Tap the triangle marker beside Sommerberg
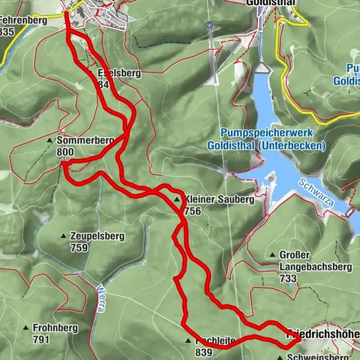(x=49, y=140)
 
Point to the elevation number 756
(x=192, y=211)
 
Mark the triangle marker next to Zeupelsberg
(x=63, y=236)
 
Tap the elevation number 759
(x=79, y=247)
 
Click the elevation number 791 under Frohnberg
(x=41, y=339)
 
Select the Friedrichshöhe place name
(x=323, y=332)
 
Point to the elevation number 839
(x=203, y=352)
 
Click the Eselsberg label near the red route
(x=115, y=73)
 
